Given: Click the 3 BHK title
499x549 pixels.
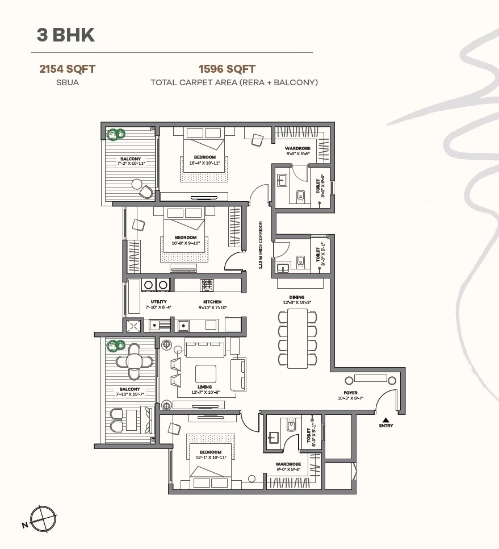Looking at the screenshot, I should tap(65, 35).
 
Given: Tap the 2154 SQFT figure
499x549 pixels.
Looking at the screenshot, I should tap(67, 69).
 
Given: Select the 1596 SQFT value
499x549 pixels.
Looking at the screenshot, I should tap(227, 69).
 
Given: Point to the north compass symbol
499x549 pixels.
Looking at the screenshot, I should tap(41, 518).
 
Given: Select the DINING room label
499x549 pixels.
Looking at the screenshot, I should tap(296, 297).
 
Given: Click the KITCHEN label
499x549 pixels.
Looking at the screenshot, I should tap(212, 302).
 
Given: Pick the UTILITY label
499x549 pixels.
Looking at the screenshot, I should tap(158, 302).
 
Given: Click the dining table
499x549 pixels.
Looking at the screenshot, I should tap(297, 338).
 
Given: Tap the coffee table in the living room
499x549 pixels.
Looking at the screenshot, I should tap(206, 373).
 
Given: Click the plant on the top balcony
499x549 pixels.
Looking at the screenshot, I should tap(117, 134).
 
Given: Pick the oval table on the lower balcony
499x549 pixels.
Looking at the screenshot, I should tap(134, 361).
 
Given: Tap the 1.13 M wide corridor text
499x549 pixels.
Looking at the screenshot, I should tap(261, 244).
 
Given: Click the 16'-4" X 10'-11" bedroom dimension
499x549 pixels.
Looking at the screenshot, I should tap(204, 163).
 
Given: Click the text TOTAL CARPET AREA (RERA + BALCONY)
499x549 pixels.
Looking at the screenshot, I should tap(234, 82).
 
